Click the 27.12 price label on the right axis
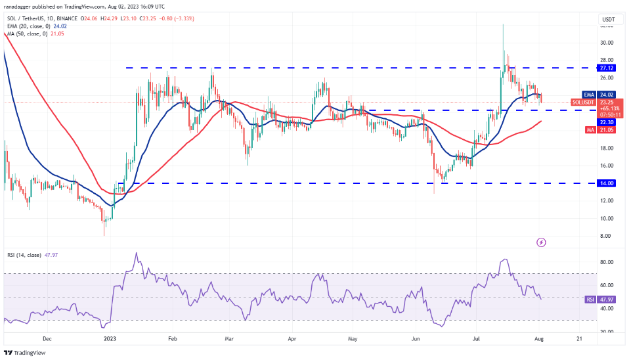pos(607,68)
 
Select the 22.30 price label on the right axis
pos(607,121)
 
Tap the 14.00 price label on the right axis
pos(607,183)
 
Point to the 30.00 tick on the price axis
pos(607,43)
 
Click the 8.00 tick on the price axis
pos(607,236)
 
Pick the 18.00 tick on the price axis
pos(607,148)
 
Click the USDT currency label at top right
pos(608,20)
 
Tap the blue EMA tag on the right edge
pos(589,95)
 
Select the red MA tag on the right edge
pos(590,130)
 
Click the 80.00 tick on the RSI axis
pos(607,262)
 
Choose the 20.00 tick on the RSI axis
pos(607,332)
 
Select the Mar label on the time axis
pos(228,339)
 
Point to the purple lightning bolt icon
pos(541,242)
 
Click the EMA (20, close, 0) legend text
pos(30,27)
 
